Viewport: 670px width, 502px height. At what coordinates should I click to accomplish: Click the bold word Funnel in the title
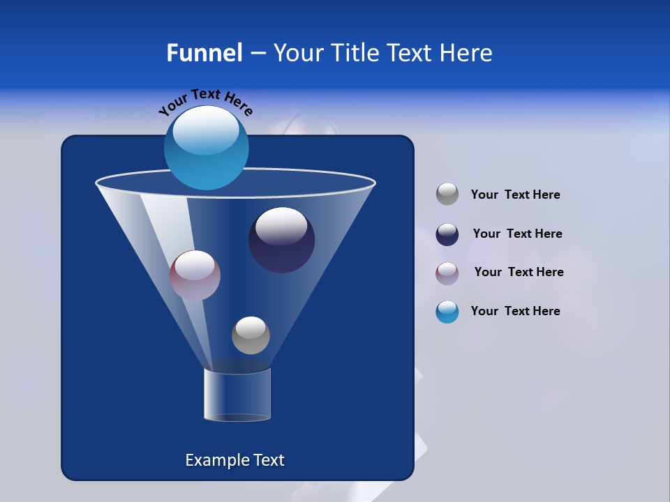[x=204, y=53]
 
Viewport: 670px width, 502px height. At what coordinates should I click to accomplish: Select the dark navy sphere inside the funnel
[x=282, y=241]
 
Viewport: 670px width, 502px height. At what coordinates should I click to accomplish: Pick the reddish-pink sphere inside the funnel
[x=195, y=275]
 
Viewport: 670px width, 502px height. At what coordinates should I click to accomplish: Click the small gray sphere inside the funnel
[x=251, y=335]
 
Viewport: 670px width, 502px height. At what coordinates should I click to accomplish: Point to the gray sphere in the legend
[x=447, y=195]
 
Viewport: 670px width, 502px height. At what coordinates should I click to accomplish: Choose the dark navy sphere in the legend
[x=447, y=234]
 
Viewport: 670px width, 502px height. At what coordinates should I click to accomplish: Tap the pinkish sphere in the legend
[x=447, y=273]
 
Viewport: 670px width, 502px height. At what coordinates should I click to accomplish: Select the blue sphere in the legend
[x=447, y=312]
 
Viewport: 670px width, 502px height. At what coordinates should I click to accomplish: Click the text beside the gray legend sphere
[x=515, y=195]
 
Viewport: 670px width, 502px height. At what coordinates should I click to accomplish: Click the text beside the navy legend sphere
[x=517, y=234]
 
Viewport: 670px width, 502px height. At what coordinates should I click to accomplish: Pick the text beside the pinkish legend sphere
[x=519, y=273]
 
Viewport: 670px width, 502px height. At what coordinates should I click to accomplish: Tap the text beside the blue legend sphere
[x=515, y=312]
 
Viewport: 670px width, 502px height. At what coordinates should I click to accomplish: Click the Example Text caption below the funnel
[x=234, y=460]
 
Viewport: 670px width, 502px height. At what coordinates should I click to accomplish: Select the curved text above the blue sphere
[x=205, y=101]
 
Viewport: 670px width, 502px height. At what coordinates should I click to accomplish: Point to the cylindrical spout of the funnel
[x=237, y=396]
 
